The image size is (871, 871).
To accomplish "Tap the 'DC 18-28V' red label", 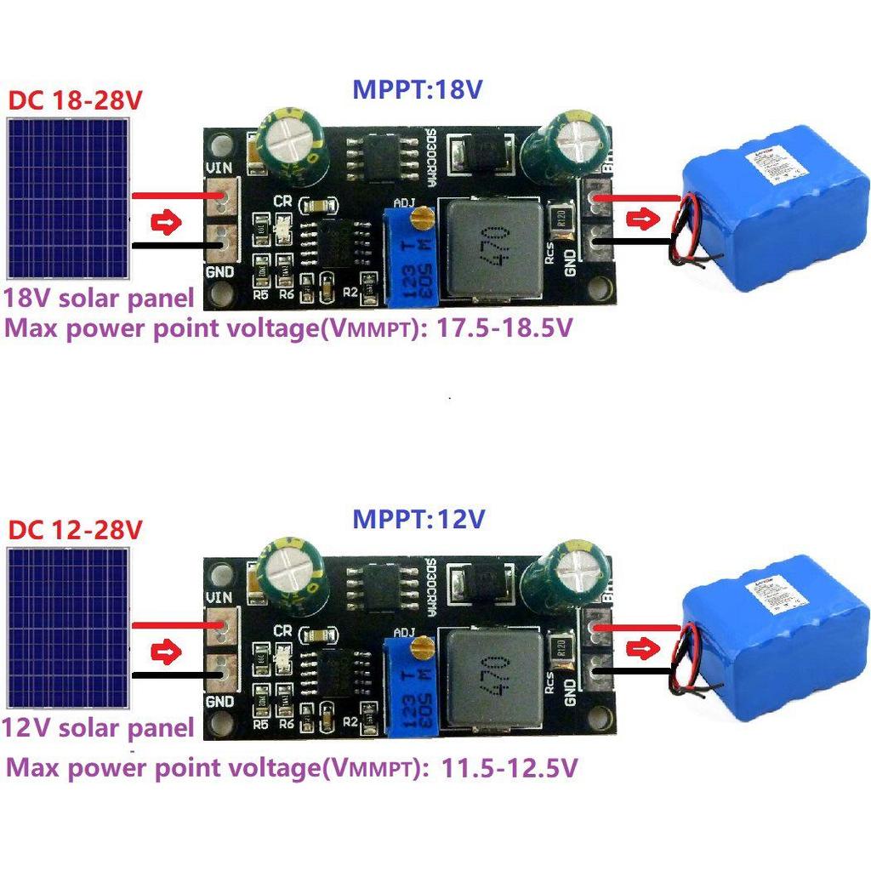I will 75,100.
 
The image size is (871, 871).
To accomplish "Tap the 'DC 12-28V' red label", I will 75,529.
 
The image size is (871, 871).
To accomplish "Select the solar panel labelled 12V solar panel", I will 68,627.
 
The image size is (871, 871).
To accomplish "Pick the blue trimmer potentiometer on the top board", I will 413,255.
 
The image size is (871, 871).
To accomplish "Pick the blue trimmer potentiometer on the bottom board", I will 413,686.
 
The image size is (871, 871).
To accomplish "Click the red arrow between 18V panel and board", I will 167,225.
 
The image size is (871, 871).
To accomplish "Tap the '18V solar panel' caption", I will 99,299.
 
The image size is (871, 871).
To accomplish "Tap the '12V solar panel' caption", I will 99,728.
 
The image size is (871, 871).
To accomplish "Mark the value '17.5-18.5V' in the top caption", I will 504,328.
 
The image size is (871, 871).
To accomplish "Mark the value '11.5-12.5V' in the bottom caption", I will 510,769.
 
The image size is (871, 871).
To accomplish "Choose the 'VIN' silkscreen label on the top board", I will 219,170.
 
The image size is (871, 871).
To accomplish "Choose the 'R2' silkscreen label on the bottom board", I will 350,720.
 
